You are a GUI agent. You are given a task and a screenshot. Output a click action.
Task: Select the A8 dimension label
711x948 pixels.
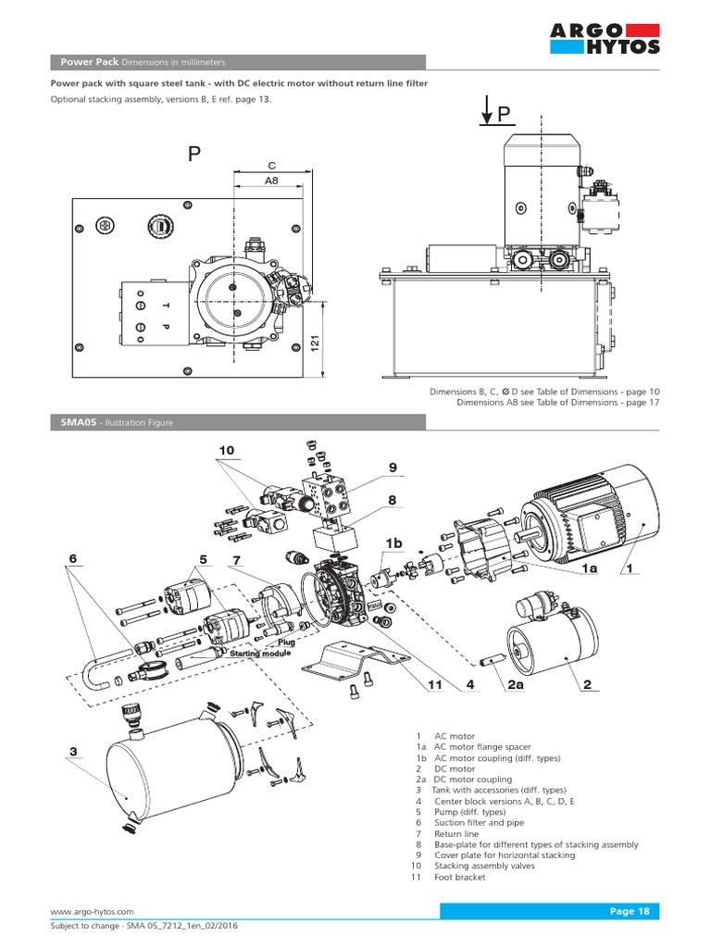(271, 181)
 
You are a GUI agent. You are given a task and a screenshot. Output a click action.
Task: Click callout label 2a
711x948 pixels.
(517, 685)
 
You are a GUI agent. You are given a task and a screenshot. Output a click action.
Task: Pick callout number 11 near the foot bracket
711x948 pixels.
(435, 685)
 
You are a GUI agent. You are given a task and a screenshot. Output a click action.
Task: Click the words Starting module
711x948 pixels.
(260, 654)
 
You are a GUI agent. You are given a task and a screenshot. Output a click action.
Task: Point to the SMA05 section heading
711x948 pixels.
(111, 422)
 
